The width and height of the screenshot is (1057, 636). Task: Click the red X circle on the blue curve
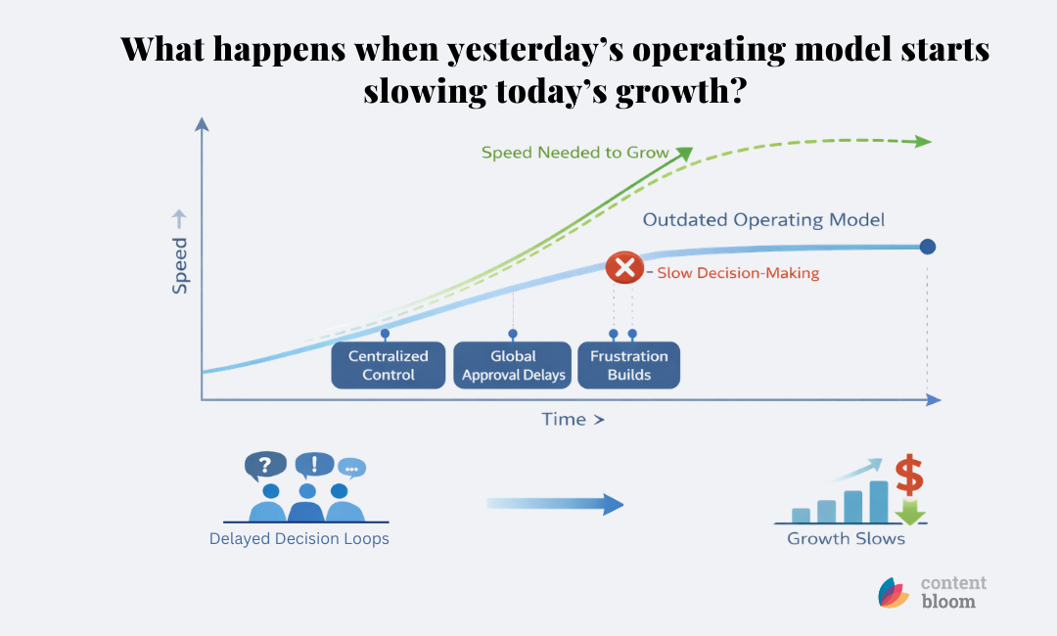tap(624, 267)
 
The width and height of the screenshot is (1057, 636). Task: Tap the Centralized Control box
tap(389, 365)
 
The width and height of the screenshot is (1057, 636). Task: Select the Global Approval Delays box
tap(513, 365)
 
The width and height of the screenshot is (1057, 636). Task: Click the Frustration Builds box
tap(628, 365)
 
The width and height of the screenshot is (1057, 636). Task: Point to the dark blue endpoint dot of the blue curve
tap(927, 247)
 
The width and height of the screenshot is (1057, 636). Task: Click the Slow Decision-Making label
tap(737, 274)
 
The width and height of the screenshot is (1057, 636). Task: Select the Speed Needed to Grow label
tap(574, 153)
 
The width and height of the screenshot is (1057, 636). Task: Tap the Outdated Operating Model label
tap(763, 220)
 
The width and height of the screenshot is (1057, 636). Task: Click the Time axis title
tap(573, 420)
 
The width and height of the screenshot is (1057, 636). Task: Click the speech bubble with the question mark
tap(264, 464)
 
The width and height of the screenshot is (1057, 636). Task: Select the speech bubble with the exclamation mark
tap(314, 464)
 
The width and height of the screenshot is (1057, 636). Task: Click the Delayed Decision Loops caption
tap(299, 538)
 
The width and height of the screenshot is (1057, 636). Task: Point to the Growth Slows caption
tap(846, 538)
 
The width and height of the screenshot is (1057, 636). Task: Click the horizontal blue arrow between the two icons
tap(555, 504)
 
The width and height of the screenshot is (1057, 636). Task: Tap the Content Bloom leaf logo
tap(893, 593)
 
